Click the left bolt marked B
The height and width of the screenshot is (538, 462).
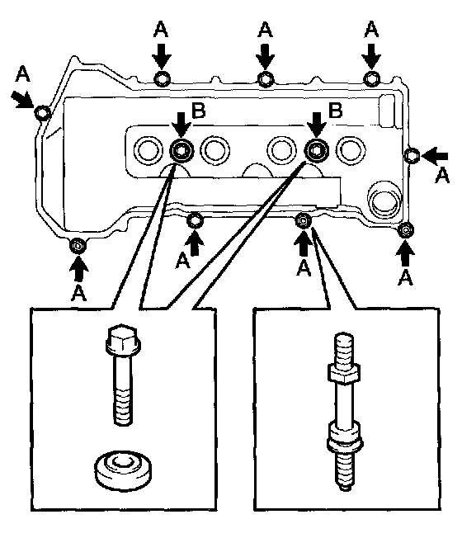click(181, 150)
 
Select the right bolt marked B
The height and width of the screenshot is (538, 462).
click(316, 150)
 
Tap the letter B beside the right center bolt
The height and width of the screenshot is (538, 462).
click(335, 110)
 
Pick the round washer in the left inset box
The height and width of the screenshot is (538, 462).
click(123, 469)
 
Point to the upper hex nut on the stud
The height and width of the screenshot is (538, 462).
click(343, 373)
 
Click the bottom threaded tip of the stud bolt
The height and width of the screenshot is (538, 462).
click(344, 472)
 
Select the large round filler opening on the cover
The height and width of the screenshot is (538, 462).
click(384, 200)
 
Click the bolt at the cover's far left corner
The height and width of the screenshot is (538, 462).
click(42, 112)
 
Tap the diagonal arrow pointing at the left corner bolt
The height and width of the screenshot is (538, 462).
click(21, 99)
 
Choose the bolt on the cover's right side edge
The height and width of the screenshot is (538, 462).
click(412, 155)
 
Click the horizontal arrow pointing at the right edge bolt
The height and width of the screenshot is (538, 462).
click(435, 156)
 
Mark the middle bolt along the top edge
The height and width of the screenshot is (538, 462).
click(265, 79)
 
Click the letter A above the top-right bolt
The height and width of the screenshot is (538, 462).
click(371, 30)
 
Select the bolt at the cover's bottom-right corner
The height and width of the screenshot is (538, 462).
click(406, 230)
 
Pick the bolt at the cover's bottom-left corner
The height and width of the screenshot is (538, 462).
click(78, 246)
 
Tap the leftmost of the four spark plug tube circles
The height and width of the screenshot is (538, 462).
click(148, 150)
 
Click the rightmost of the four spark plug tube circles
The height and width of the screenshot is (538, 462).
click(351, 150)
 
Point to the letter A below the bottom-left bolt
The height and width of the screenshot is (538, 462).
click(79, 294)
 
